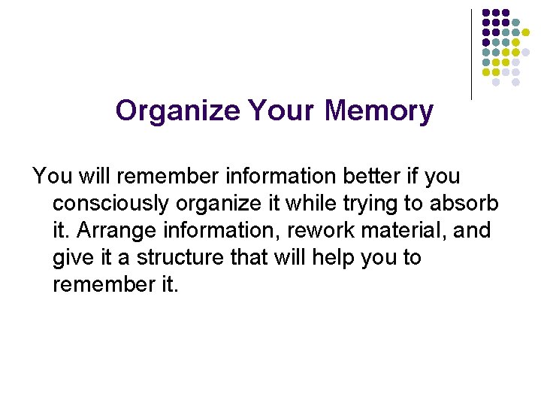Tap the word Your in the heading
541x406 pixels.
[280, 111]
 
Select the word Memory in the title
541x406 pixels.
[379, 111]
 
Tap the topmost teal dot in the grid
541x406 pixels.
[515, 23]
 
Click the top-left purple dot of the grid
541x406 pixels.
[486, 13]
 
